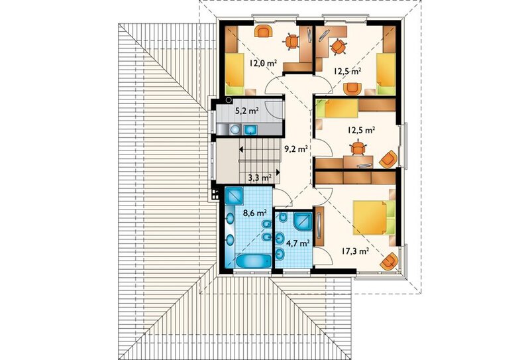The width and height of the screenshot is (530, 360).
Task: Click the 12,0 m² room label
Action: (x=263, y=63)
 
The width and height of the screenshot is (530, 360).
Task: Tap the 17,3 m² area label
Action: (x=355, y=251)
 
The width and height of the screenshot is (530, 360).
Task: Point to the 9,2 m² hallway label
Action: (x=296, y=149)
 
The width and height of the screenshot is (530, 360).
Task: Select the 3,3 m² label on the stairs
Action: (x=260, y=177)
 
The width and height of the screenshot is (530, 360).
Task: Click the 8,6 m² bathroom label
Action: (x=255, y=213)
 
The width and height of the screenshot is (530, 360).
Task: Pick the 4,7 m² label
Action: (x=298, y=243)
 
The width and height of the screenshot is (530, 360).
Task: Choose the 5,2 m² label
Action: (x=246, y=109)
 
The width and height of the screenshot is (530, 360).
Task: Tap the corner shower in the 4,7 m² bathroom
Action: (x=303, y=221)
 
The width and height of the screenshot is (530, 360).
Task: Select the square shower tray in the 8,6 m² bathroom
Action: (x=234, y=196)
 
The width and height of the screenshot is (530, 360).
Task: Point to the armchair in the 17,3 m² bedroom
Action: (x=390, y=261)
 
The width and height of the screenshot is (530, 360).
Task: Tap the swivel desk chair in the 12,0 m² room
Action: (x=291, y=42)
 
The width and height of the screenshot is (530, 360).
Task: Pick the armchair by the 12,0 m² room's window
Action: (x=264, y=31)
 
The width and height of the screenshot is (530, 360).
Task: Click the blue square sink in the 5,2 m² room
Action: (x=250, y=129)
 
